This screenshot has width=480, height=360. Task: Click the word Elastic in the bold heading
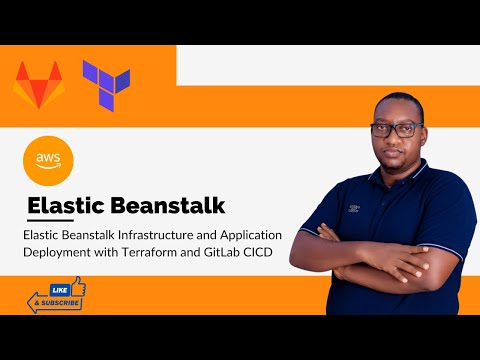point(67,205)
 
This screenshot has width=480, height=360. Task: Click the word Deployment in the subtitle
point(61,251)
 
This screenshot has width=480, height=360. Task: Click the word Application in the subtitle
point(250,234)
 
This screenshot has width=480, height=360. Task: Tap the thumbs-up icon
point(77,288)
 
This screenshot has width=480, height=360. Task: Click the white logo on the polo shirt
point(352,211)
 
